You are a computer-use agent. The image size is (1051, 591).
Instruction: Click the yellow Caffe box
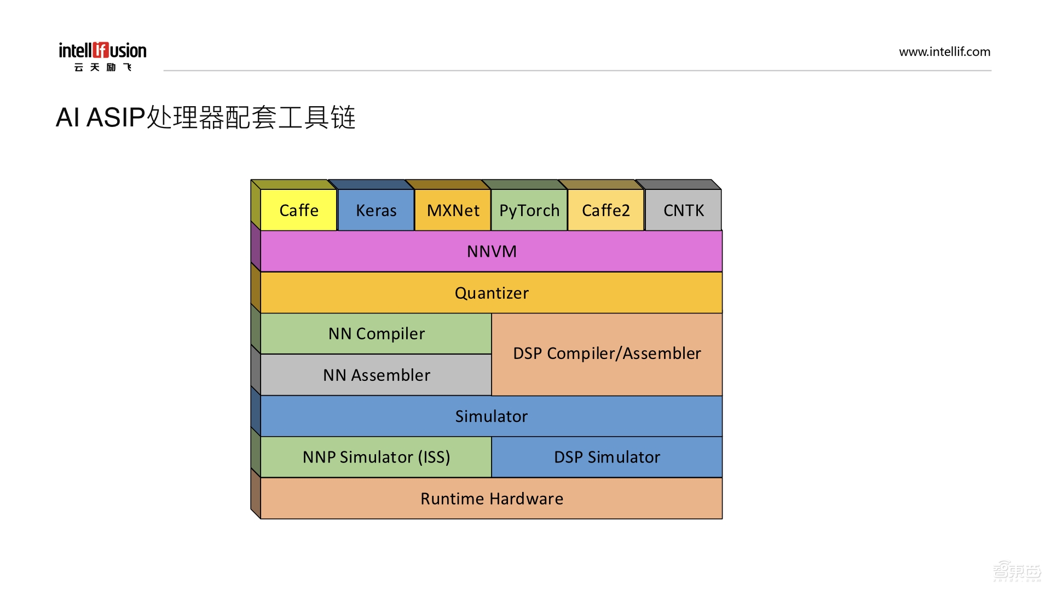[x=298, y=210]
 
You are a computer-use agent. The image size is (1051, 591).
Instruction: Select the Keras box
[x=376, y=210]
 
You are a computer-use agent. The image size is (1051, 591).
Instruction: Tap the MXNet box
[x=453, y=210]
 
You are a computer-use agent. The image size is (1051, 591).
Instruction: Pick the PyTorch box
[x=529, y=210]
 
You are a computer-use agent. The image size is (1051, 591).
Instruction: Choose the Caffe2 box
[x=606, y=210]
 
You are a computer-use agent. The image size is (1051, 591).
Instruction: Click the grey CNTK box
[x=683, y=210]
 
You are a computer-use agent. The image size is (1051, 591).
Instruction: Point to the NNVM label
[x=492, y=251]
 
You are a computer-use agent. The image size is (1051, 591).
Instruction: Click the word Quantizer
[x=492, y=293]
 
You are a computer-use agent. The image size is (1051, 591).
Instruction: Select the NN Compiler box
[x=377, y=334]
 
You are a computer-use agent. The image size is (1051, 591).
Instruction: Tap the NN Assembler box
[x=377, y=375]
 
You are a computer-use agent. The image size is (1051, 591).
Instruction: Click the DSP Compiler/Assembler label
[x=607, y=354]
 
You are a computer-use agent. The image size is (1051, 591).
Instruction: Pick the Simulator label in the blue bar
[x=492, y=416]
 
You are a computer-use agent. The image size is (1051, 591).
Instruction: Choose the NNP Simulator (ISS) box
[x=377, y=457]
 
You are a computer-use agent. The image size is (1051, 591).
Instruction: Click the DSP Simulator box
[x=607, y=457]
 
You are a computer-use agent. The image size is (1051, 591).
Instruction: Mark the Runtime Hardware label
[x=492, y=499]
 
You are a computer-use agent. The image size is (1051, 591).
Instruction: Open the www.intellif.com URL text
[x=944, y=52]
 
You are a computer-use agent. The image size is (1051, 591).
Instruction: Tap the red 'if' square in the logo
[x=101, y=50]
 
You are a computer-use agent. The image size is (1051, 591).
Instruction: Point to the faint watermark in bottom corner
[x=1017, y=571]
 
